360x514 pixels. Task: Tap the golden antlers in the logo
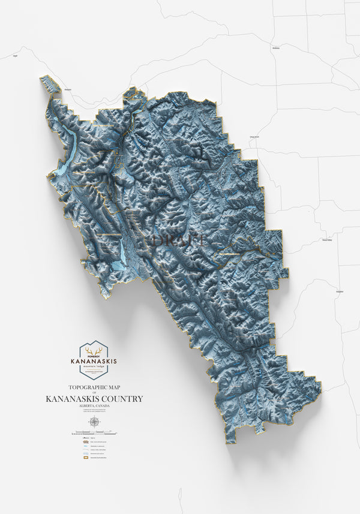pos(93,351)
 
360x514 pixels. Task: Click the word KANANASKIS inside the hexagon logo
pos(93,361)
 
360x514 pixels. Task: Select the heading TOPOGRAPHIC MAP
pos(93,387)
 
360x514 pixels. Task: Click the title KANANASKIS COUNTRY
pos(94,399)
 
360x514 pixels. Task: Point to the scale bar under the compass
pos(93,431)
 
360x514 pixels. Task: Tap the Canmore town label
pos(68,90)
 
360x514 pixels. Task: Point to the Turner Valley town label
pos(327,239)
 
